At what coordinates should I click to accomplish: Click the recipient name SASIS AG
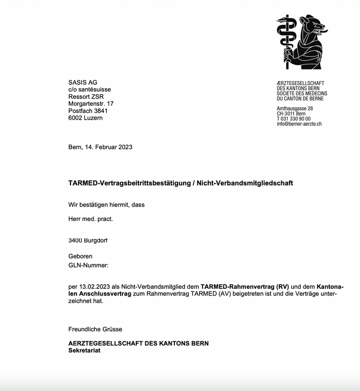pos(83,82)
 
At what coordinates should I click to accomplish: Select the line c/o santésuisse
pos(89,89)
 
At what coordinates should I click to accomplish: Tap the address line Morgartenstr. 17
pos(91,104)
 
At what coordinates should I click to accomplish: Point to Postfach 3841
pos(88,111)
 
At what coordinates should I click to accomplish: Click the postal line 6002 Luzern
pos(85,118)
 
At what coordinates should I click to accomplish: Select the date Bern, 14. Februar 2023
pos(100,147)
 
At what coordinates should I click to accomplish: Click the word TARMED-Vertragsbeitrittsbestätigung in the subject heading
pos(129,183)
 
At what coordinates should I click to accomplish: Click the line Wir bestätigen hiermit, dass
pos(106,204)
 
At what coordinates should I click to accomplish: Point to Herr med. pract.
pos(91,219)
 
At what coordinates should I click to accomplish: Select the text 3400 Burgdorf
pos(88,240)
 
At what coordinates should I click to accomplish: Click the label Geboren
pos(81,256)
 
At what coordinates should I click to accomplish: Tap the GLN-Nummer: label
pos(88,265)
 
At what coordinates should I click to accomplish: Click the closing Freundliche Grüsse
pos(95,329)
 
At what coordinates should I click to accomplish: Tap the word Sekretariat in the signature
pos(84,350)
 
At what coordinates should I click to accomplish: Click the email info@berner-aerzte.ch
pos(299,124)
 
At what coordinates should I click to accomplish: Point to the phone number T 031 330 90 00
pos(294,119)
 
